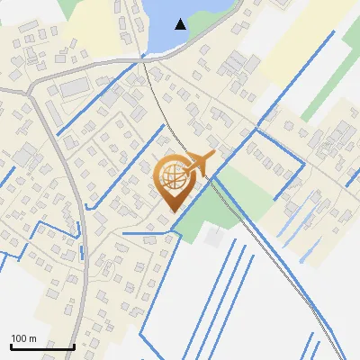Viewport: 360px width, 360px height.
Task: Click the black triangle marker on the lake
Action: pyautogui.click(x=181, y=24)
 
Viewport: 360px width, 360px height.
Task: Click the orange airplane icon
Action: pyautogui.click(x=200, y=164)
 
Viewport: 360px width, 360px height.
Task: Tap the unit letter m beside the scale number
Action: pyautogui.click(x=33, y=338)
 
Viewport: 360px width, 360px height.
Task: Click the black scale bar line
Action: pyautogui.click(x=42, y=346)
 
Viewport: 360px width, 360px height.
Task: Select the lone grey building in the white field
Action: pyautogui.click(x=213, y=236)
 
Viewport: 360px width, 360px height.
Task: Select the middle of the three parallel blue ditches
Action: pyautogui.click(x=229, y=288)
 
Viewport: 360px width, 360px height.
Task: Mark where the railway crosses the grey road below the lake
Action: pyautogui.click(x=143, y=61)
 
